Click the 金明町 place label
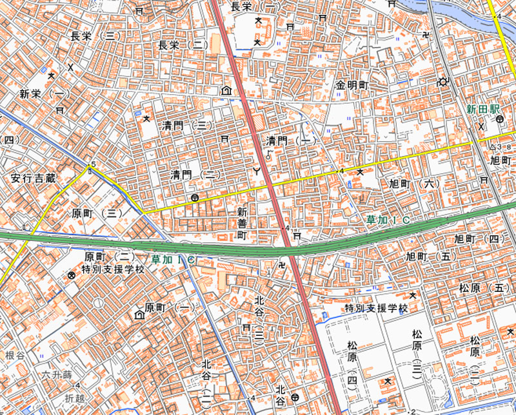click(x=351, y=85)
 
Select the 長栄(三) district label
click(x=95, y=36)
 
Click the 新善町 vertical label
click(x=243, y=223)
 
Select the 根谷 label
click(x=14, y=356)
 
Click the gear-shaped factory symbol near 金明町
click(x=442, y=82)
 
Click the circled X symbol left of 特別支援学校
click(x=71, y=276)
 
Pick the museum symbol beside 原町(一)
click(x=139, y=314)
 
